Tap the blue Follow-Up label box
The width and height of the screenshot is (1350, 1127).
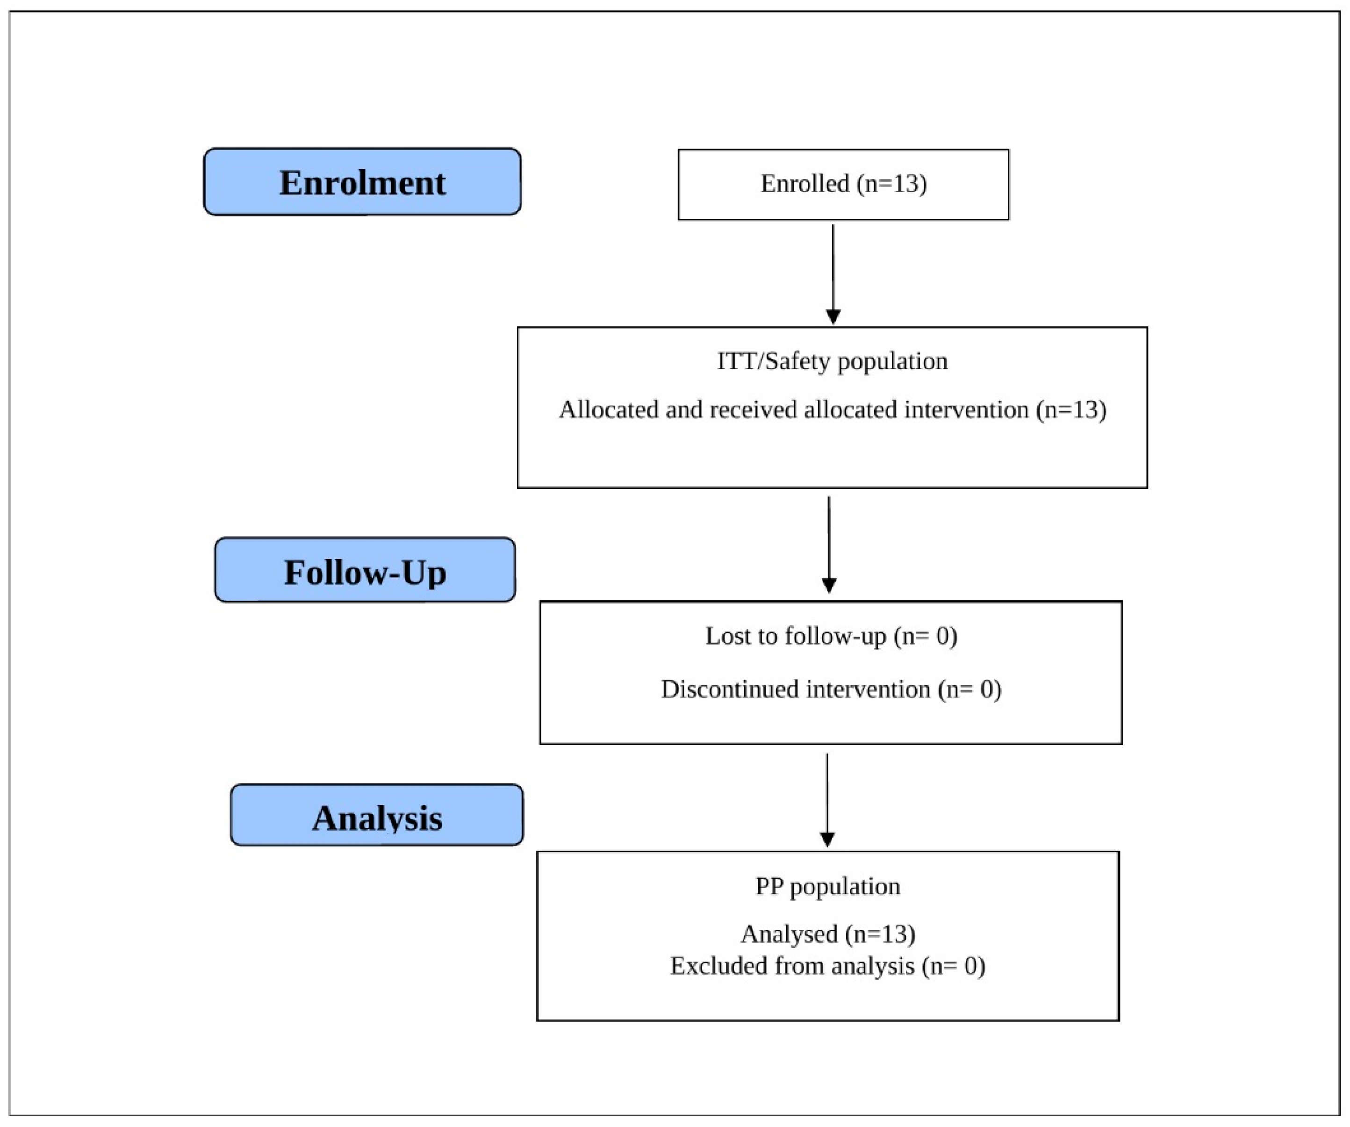pos(365,570)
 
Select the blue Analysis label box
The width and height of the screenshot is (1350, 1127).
pos(377,815)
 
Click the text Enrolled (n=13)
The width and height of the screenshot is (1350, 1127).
pos(843,184)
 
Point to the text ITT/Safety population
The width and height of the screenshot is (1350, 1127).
pos(832,361)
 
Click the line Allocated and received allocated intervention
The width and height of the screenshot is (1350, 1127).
pos(832,409)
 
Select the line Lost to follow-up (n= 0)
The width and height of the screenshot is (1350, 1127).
pos(831,636)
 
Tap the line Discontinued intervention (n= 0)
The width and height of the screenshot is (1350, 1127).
pos(831,689)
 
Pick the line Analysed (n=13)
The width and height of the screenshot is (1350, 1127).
pos(827,933)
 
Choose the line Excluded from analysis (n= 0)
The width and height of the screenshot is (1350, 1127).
pos(827,966)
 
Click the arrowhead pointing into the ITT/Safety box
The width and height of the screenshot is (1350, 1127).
pos(833,317)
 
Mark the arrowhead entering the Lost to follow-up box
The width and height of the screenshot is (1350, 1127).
pos(829,586)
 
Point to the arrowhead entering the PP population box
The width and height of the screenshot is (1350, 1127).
pos(827,840)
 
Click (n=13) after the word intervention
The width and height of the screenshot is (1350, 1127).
pos(1071,409)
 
